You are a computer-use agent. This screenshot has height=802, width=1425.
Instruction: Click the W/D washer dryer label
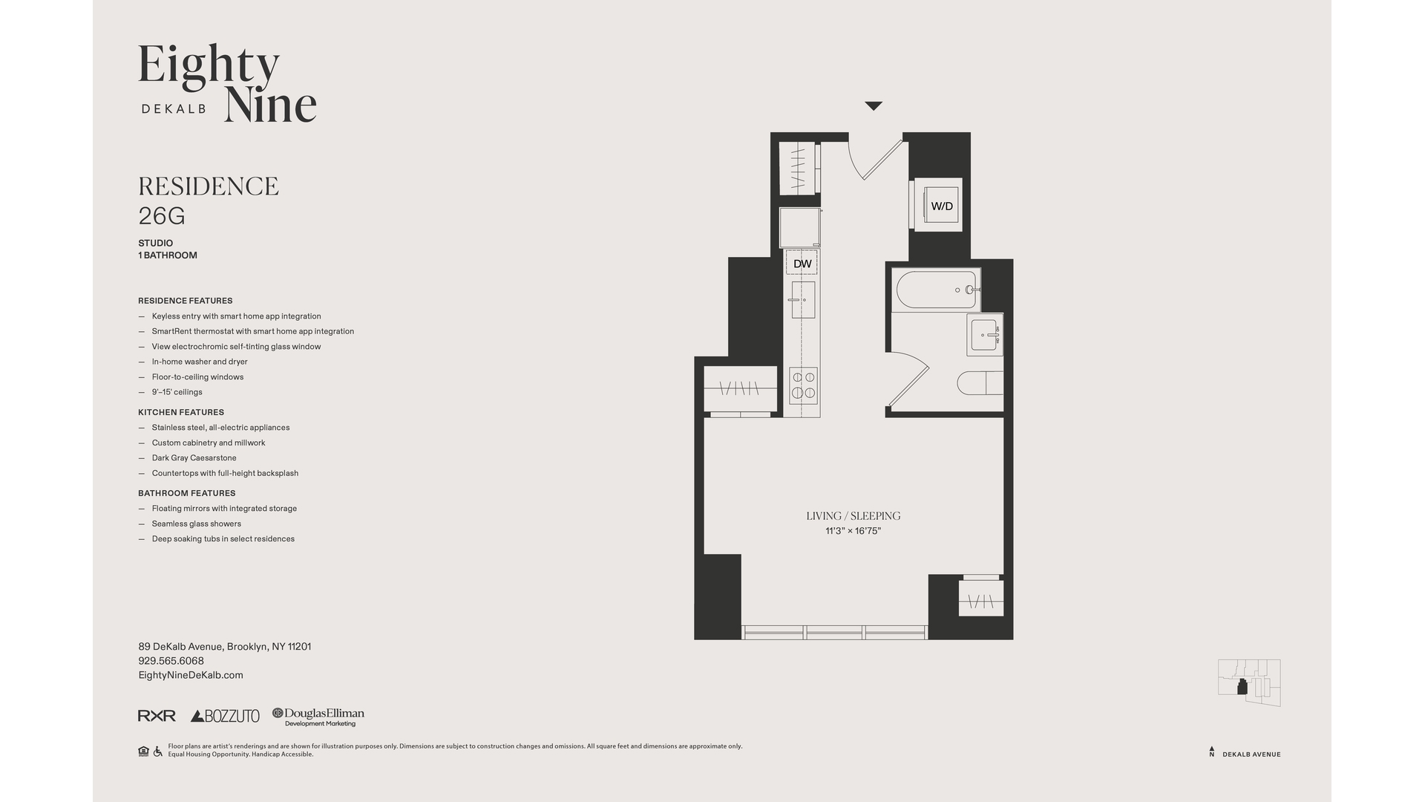point(941,206)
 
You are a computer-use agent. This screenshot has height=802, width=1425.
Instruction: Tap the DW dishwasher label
point(802,264)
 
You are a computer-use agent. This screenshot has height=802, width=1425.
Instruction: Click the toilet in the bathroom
point(980,383)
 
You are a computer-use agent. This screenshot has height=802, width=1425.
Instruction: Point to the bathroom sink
point(985,335)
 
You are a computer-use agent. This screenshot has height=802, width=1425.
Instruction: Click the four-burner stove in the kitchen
point(803,385)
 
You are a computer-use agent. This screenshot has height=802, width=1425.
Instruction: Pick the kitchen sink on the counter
point(802,300)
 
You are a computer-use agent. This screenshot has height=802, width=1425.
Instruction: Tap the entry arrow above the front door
point(874,106)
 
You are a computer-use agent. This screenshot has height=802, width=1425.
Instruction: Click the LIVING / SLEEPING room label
point(853,515)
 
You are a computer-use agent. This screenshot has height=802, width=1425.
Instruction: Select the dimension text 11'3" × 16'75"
point(853,531)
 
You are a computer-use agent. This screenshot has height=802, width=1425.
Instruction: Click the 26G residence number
point(162,216)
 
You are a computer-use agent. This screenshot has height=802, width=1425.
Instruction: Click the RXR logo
point(157,716)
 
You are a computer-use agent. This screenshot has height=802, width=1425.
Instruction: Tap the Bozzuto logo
point(225,716)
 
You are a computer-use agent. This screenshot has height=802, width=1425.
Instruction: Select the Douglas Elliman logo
point(318,716)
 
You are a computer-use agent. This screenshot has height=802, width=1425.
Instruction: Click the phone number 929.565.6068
point(171,661)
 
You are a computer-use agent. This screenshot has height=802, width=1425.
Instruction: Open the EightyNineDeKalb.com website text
point(191,675)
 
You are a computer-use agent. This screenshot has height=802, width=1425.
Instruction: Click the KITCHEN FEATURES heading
point(181,412)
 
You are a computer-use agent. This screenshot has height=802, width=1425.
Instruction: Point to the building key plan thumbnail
point(1249,682)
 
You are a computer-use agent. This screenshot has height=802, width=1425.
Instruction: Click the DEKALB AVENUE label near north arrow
point(1251,754)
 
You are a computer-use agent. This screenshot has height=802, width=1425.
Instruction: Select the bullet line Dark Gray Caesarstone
point(194,458)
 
